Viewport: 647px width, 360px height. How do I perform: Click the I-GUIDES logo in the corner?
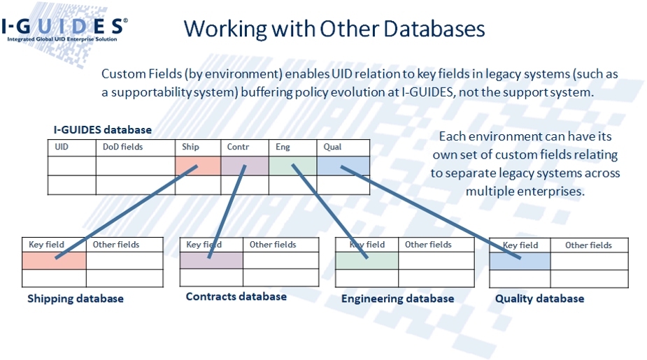pyautogui.click(x=64, y=29)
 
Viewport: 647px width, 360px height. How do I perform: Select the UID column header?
pyautogui.click(x=62, y=147)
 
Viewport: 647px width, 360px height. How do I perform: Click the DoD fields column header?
pyautogui.click(x=122, y=147)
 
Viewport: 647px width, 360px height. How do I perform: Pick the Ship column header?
pyautogui.click(x=190, y=147)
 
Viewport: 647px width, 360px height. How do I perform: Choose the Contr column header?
pyautogui.click(x=238, y=147)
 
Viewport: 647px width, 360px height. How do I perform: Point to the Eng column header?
pyautogui.click(x=283, y=147)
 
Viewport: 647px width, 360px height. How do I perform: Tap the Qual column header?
pyautogui.click(x=332, y=147)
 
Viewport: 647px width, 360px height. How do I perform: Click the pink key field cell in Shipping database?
pyautogui.click(x=54, y=261)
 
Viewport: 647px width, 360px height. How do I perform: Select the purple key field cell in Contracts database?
pyautogui.click(x=211, y=260)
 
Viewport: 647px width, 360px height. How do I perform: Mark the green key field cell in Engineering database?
pyautogui.click(x=367, y=261)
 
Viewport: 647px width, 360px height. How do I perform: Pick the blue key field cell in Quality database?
pyautogui.click(x=520, y=261)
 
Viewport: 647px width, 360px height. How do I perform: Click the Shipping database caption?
pyautogui.click(x=76, y=298)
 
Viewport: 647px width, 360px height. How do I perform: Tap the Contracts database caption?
pyautogui.click(x=236, y=296)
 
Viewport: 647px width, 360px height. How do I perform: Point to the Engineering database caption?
pyautogui.click(x=398, y=298)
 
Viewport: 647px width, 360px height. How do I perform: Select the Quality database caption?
pyautogui.click(x=540, y=298)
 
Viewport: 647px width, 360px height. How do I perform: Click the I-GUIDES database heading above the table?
pyautogui.click(x=103, y=130)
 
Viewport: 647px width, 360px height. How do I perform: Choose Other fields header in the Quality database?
pyautogui.click(x=588, y=245)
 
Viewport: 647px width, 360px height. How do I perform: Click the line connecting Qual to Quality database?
pyautogui.click(x=430, y=213)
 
